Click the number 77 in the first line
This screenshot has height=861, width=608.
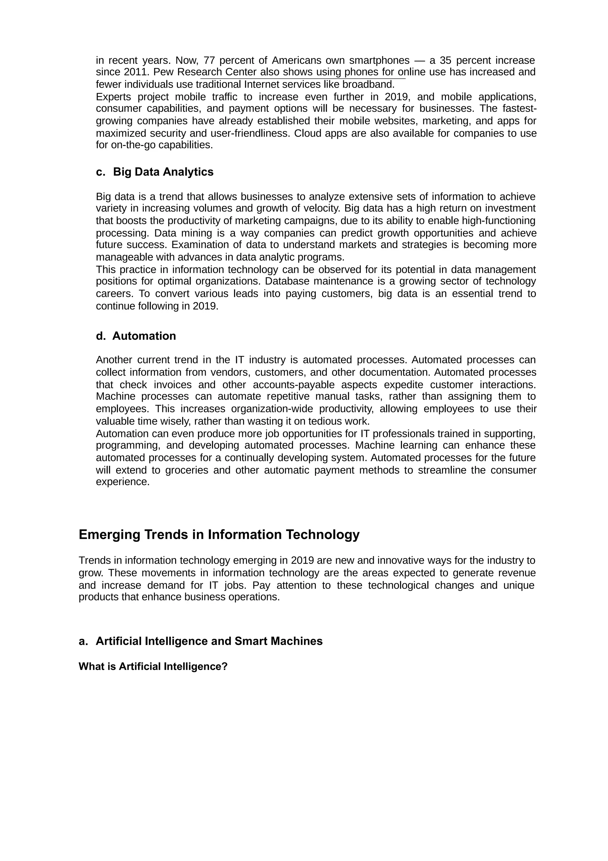209,60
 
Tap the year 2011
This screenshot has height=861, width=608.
135,72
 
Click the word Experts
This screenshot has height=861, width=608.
113,97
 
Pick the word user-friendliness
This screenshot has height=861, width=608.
250,133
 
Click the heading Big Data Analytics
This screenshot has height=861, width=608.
163,172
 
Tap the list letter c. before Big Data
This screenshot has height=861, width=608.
100,172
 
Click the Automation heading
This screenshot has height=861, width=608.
144,336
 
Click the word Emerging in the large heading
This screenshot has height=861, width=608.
109,535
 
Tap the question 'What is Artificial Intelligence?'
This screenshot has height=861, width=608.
153,667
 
